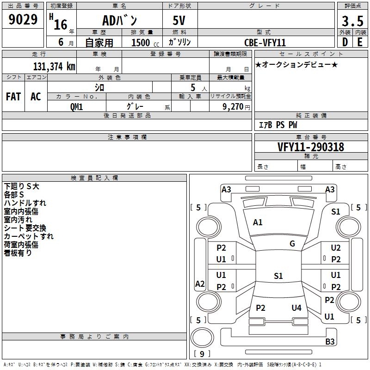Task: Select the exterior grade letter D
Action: [345, 42]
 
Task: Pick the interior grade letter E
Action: [359, 42]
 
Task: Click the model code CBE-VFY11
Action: [265, 42]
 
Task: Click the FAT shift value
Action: [13, 97]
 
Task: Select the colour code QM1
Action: [76, 106]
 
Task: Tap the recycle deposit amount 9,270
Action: [233, 106]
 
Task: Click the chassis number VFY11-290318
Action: [311, 147]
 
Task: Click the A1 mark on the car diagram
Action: [258, 222]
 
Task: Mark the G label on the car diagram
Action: [292, 244]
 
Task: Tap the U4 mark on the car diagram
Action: [296, 308]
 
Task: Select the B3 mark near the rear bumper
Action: [330, 342]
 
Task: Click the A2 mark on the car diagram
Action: [200, 284]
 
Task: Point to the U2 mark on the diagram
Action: [336, 248]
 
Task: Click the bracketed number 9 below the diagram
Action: [202, 354]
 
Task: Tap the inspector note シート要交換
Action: [25, 228]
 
